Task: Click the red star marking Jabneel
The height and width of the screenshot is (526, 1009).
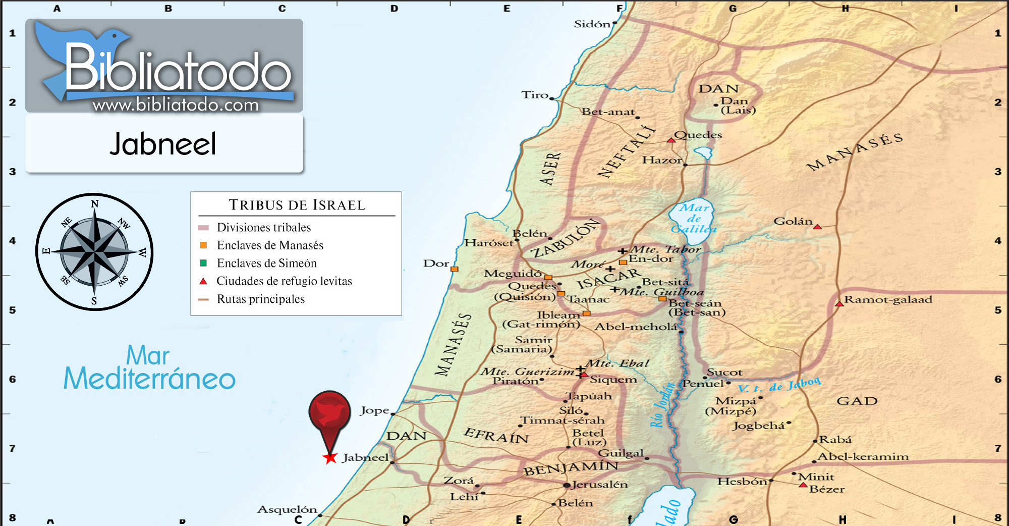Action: tap(330, 458)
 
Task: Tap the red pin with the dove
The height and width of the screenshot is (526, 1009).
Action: tap(329, 411)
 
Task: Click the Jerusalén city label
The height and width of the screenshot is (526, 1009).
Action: tap(600, 485)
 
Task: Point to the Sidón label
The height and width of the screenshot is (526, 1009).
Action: tap(592, 24)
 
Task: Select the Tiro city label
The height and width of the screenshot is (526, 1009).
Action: tap(535, 95)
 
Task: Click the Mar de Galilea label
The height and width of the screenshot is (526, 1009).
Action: tap(694, 218)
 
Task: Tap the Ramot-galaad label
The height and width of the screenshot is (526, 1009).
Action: tap(888, 299)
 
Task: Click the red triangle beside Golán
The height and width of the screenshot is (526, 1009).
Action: tap(817, 227)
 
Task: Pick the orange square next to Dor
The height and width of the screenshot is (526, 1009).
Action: tap(454, 269)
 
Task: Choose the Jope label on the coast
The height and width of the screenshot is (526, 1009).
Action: tap(374, 410)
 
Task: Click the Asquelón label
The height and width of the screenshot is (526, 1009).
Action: tap(287, 509)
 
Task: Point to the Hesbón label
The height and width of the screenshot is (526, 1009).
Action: tap(742, 482)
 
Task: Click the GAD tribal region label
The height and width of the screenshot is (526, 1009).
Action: tap(857, 401)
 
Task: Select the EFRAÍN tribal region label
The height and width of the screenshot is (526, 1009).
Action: tap(496, 435)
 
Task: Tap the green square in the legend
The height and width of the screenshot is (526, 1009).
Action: tap(203, 263)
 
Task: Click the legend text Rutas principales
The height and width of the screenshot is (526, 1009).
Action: tap(261, 299)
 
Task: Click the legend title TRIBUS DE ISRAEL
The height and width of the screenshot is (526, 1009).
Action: tap(297, 205)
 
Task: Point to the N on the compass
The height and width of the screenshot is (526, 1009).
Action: tap(95, 204)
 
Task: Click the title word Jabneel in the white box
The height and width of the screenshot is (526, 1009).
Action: tap(163, 144)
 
